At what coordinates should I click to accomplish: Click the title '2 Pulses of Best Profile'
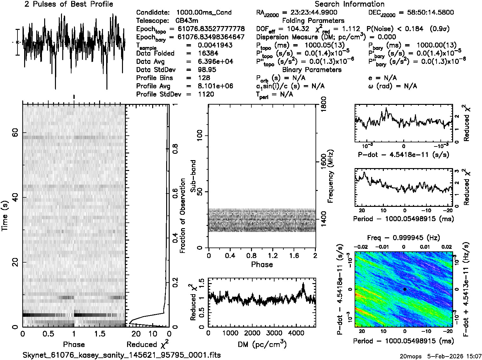[69, 4]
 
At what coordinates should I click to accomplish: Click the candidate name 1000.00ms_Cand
[204, 13]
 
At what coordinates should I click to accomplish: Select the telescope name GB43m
[187, 21]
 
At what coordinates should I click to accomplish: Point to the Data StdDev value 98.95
[207, 70]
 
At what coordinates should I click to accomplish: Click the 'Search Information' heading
[350, 4]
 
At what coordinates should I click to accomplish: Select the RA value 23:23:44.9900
[314, 12]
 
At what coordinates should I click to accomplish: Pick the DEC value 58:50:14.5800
[426, 12]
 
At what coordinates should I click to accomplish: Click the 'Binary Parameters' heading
[312, 70]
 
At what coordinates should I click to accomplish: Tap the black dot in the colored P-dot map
[405, 289]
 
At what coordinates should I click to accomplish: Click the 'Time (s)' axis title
[5, 216]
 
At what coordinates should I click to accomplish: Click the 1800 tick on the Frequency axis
[323, 103]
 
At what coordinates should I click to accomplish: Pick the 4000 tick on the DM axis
[295, 333]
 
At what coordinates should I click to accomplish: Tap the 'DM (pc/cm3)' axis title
[262, 344]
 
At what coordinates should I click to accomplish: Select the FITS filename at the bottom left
[122, 355]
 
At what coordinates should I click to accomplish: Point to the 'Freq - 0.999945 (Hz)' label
[404, 238]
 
